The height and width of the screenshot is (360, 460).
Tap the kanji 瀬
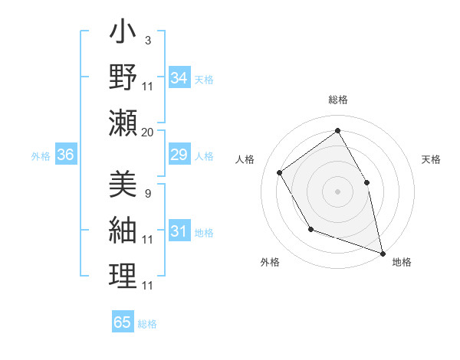click(x=123, y=123)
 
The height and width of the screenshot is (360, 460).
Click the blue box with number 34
click(x=179, y=78)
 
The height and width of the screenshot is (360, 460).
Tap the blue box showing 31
click(x=179, y=231)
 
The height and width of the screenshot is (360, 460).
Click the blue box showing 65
click(x=123, y=322)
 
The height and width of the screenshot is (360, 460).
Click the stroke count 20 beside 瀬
click(x=148, y=133)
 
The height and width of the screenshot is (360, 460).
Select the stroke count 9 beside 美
click(x=147, y=193)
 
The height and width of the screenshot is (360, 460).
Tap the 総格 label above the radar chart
click(x=338, y=100)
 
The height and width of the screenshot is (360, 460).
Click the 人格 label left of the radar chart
click(x=245, y=159)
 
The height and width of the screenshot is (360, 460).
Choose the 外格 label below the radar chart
click(x=270, y=262)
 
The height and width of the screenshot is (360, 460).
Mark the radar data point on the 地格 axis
click(x=381, y=251)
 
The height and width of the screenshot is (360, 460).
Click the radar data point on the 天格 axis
click(x=366, y=182)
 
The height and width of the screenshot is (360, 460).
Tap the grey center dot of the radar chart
click(x=337, y=191)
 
